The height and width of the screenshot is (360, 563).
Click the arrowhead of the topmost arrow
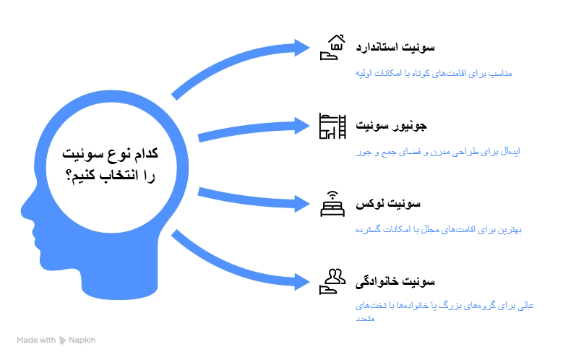302,47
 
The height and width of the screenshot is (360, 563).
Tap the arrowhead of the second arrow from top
302,127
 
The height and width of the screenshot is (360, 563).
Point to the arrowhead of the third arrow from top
302,202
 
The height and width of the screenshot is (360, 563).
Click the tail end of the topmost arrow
176,94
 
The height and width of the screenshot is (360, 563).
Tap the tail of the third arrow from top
201,192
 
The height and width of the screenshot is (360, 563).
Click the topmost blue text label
434,74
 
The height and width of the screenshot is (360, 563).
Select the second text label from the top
437,153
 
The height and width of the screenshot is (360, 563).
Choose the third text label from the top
439,231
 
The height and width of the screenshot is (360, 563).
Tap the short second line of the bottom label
365,319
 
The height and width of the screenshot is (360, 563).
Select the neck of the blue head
119,282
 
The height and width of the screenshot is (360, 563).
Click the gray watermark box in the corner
57,340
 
